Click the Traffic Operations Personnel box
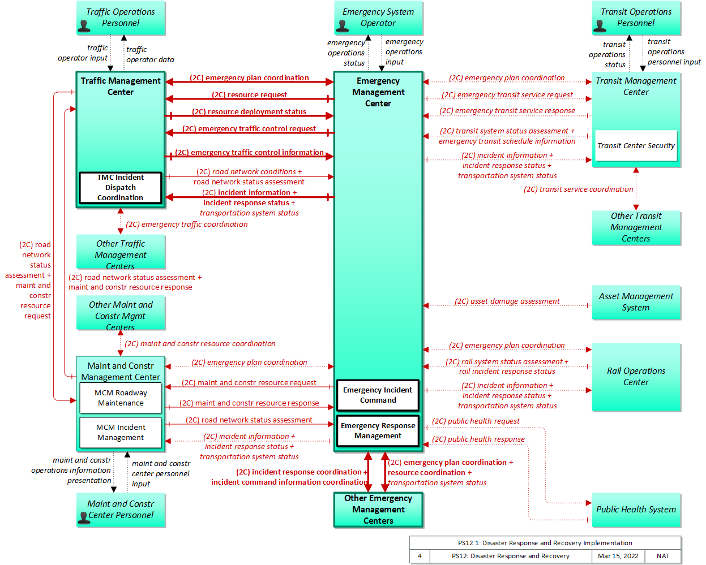pos(121,18)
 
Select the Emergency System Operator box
pos(378,18)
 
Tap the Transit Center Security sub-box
pos(636,145)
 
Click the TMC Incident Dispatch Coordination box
pos(121,187)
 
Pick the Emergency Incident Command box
pos(378,395)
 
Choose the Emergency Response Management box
pos(378,430)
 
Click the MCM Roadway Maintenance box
pos(121,398)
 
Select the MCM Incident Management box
pos(121,432)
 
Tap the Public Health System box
pos(636,510)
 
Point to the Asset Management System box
pos(636,302)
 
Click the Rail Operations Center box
pos(636,377)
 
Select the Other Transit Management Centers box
pos(636,227)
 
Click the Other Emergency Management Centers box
pos(378,510)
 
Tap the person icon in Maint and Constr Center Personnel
pos(84,518)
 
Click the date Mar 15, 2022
pos(618,556)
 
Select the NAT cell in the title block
pos(663,556)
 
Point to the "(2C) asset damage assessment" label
pos(507,301)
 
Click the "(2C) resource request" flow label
pos(249,94)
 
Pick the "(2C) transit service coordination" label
pos(579,189)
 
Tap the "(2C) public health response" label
pos(478,439)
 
